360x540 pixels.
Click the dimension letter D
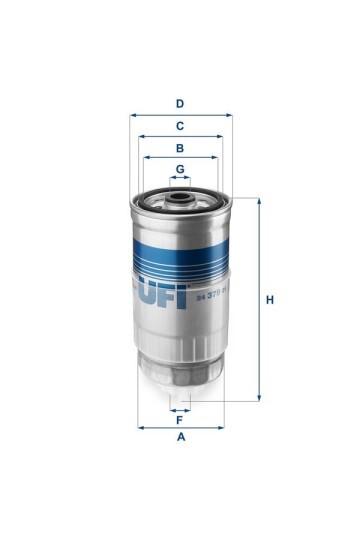tap(180, 103)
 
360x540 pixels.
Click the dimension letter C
tap(180, 126)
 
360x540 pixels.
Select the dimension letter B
tap(180, 147)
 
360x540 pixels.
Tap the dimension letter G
tap(180, 169)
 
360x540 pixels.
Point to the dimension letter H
tap(269, 300)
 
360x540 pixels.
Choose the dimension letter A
tap(180, 438)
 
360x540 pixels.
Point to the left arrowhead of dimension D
tap(132, 114)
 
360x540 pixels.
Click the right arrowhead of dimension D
tap(229, 114)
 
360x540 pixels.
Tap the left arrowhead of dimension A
tap(139, 427)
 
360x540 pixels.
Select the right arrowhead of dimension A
tap(222, 427)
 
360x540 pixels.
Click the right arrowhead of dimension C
tap(222, 136)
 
